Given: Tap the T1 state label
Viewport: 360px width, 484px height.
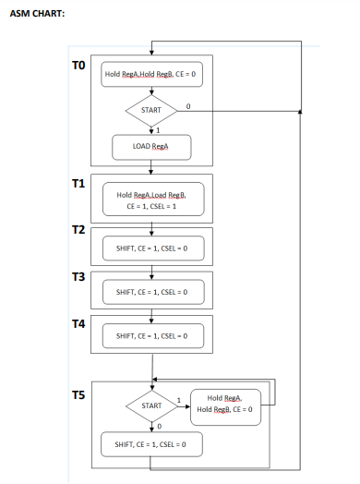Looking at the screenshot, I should (x=79, y=184).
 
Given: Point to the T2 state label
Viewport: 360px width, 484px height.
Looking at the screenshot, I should (x=79, y=229).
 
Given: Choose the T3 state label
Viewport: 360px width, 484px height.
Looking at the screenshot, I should (x=79, y=276).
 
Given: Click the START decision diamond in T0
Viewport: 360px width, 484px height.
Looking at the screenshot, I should (x=150, y=110).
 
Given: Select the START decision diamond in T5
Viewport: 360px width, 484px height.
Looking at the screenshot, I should (x=150, y=406).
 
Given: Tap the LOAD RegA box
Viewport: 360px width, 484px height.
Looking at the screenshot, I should (x=150, y=147).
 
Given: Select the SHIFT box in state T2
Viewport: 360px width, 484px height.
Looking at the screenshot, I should (x=151, y=248).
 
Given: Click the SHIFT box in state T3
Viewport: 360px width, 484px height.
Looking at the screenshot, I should (x=151, y=292).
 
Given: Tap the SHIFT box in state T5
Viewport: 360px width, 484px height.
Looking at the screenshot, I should (x=151, y=444).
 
